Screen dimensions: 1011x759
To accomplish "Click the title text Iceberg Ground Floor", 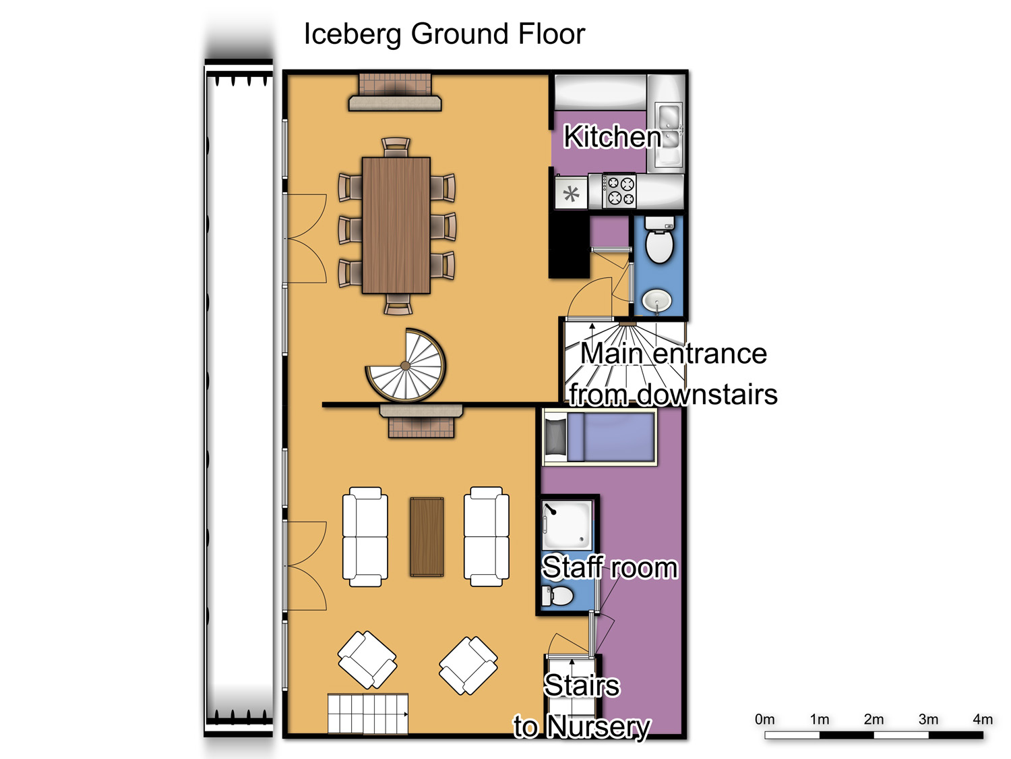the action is [x=444, y=34].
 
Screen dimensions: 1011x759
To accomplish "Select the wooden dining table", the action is [x=396, y=225].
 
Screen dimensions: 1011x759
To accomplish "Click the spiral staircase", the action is [x=405, y=364].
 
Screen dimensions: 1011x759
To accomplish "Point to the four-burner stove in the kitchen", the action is [x=619, y=191].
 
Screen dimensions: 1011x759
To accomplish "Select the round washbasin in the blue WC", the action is [x=656, y=301].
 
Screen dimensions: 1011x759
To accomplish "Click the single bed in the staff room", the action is [x=600, y=437].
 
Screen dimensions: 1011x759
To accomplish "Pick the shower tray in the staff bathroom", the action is [x=567, y=524].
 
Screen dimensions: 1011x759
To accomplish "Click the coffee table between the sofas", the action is [x=427, y=537].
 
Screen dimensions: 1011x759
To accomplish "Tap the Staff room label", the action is [x=609, y=567].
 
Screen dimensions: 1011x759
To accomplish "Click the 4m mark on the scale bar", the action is [x=982, y=720].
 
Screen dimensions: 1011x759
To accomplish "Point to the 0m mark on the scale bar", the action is [x=764, y=720].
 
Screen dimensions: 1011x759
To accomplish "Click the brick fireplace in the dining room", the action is [x=395, y=92].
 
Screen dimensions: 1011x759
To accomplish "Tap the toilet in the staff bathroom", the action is [x=557, y=596].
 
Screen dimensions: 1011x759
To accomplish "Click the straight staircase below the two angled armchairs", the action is [x=367, y=714].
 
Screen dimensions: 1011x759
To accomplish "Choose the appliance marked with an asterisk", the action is [x=571, y=194].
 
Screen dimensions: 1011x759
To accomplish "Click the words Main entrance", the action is [x=673, y=354].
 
